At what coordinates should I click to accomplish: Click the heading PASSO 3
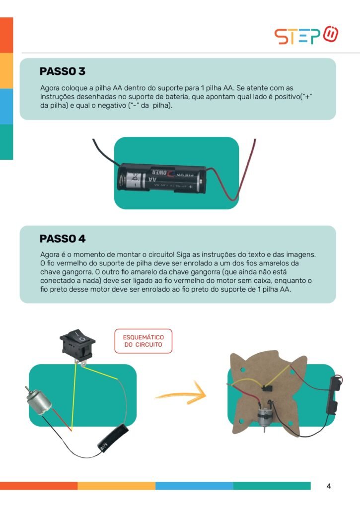[62, 71]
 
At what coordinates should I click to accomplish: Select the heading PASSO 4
[63, 239]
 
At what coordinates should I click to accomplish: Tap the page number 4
[329, 486]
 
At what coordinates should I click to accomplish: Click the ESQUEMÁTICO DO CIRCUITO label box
[144, 341]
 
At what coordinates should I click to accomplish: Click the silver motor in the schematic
[38, 402]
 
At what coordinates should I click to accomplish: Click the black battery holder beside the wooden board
[335, 395]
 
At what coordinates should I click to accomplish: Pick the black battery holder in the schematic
[113, 438]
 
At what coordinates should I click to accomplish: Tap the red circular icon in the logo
[331, 34]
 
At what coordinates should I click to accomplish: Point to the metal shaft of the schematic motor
[27, 389]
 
